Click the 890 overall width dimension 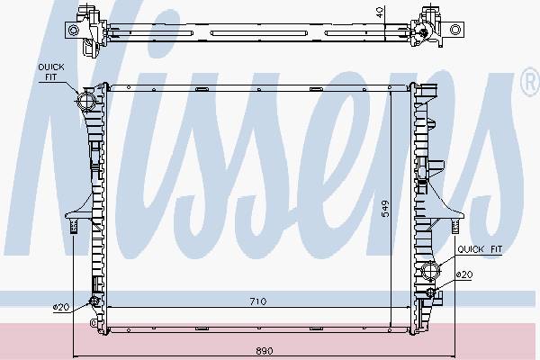click(x=265, y=351)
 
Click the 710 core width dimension click(x=258, y=301)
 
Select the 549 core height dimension click(x=385, y=209)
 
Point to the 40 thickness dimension click(x=380, y=13)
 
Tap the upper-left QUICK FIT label click(x=51, y=72)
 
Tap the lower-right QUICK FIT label click(x=480, y=249)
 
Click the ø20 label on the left click(x=61, y=307)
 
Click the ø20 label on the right click(x=464, y=274)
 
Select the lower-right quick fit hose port click(x=429, y=270)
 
